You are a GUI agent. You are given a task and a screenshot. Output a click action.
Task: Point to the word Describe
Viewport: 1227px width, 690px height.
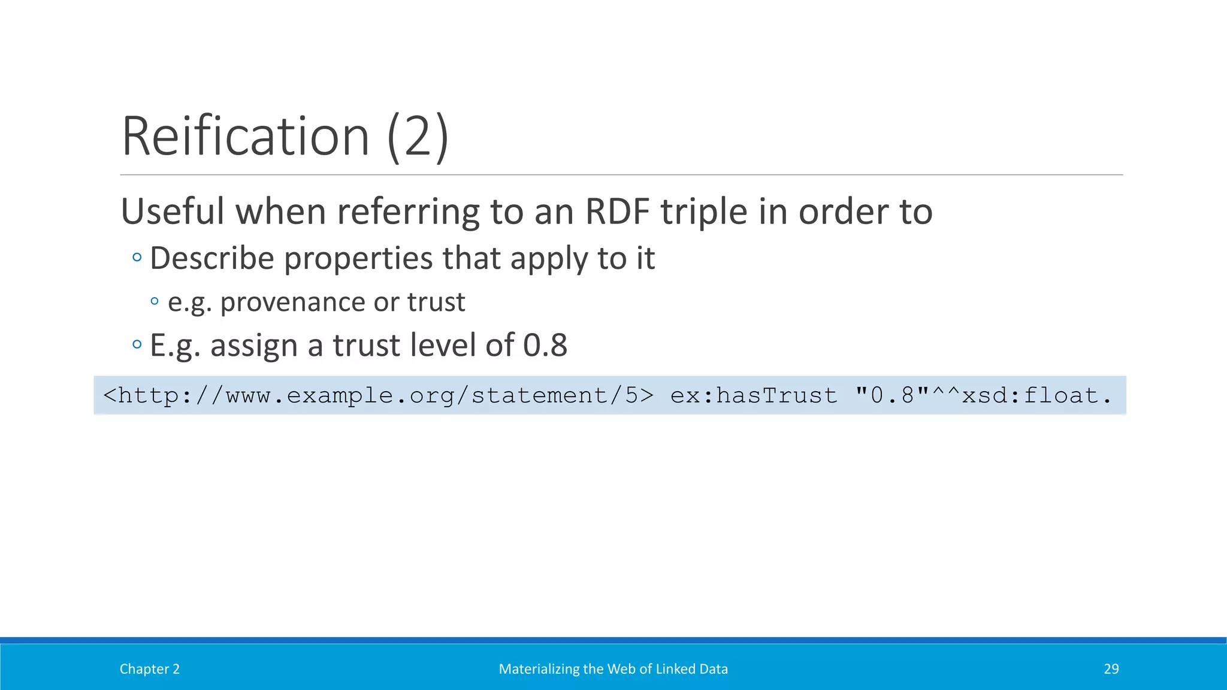pyautogui.click(x=212, y=258)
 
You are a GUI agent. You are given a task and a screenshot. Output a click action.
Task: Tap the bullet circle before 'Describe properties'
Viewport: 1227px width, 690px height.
pyautogui.click(x=137, y=258)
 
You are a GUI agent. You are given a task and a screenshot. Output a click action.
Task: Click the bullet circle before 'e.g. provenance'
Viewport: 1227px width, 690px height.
pyautogui.click(x=155, y=301)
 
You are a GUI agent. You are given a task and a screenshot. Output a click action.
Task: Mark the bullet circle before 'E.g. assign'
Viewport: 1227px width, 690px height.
pyautogui.click(x=137, y=344)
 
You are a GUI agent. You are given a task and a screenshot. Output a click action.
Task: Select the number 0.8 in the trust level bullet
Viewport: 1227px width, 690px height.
pyautogui.click(x=545, y=346)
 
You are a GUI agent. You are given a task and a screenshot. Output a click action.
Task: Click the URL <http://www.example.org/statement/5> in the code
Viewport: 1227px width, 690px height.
pyautogui.click(x=378, y=396)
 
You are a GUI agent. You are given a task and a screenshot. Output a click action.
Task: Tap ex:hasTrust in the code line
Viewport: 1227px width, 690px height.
pyautogui.click(x=754, y=396)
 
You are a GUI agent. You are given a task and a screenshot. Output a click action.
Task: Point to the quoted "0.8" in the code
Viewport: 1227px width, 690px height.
pyautogui.click(x=892, y=395)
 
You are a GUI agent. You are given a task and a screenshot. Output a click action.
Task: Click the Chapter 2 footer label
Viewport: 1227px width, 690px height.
pyautogui.click(x=150, y=669)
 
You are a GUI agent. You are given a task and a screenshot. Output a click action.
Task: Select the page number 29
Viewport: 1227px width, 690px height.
pyautogui.click(x=1111, y=669)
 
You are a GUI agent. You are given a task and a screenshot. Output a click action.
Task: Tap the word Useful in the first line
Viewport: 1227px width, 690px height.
pyautogui.click(x=173, y=211)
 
